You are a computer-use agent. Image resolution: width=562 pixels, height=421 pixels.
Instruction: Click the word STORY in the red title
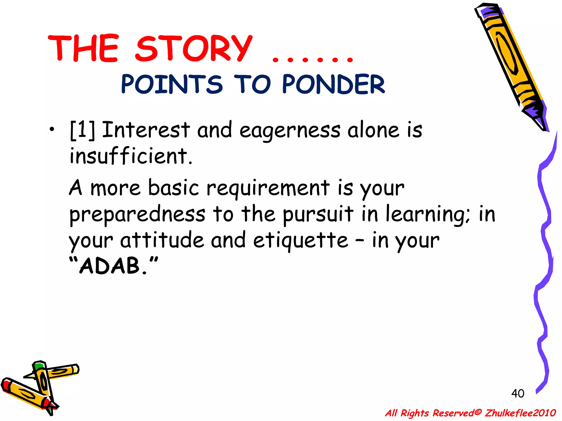(193, 49)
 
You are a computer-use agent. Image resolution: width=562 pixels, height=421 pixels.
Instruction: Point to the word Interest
(146, 130)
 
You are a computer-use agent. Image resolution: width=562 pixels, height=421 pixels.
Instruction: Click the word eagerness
(290, 131)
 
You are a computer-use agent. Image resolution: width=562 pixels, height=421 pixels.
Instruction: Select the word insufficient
(131, 156)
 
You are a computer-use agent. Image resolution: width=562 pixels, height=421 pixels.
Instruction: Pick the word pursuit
(318, 214)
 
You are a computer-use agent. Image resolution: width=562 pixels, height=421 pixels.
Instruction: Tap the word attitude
(162, 240)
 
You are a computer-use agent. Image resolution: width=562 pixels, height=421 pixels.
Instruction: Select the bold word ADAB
(110, 266)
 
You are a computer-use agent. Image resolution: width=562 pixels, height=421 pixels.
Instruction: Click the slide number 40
(518, 394)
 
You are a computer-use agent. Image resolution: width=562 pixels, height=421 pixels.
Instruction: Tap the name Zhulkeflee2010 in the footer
(520, 413)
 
